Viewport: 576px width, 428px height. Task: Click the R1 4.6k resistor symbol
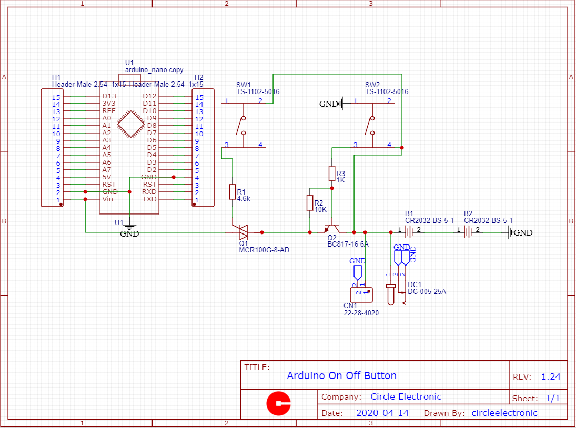click(x=233, y=192)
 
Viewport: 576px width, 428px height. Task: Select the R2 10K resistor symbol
click(x=309, y=203)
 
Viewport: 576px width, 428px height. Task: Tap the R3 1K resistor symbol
click(x=332, y=174)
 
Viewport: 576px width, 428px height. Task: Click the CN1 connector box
click(x=361, y=294)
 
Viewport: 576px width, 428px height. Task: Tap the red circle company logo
click(x=279, y=404)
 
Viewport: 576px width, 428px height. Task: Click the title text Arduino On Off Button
click(x=341, y=375)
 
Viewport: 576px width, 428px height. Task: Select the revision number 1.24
click(x=551, y=376)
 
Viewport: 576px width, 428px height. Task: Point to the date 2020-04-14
click(x=382, y=413)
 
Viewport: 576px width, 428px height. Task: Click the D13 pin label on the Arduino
click(x=109, y=96)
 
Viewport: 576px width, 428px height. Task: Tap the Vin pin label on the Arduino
click(x=107, y=199)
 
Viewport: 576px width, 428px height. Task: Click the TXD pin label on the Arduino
click(x=149, y=199)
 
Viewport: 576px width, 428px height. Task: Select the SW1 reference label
click(x=243, y=85)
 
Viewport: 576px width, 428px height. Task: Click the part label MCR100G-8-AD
click(x=264, y=250)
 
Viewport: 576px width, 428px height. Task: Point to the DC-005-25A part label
click(x=427, y=291)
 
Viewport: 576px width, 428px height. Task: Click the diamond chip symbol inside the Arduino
click(x=130, y=124)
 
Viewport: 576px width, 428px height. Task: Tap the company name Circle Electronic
click(x=406, y=396)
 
